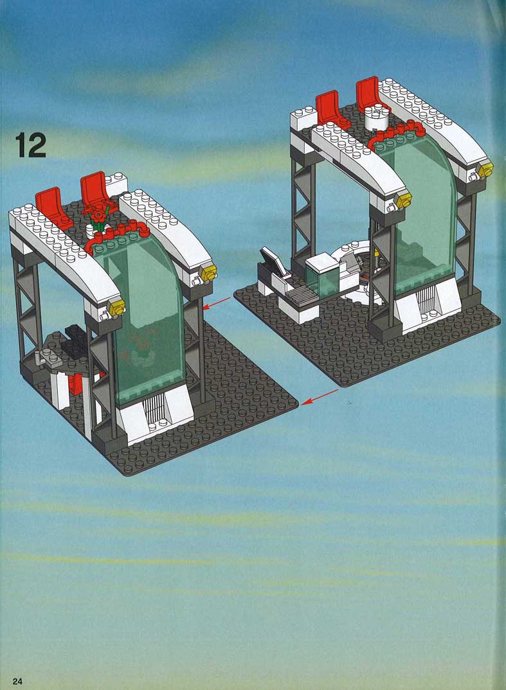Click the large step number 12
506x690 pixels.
tap(31, 145)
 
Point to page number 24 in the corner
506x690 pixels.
tap(17, 681)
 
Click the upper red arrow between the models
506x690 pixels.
tap(217, 304)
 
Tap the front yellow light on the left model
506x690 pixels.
tap(117, 305)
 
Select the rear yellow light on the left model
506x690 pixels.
tap(208, 273)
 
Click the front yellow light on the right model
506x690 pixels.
tap(403, 200)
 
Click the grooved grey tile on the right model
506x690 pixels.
tap(303, 295)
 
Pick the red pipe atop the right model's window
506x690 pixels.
tap(396, 132)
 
